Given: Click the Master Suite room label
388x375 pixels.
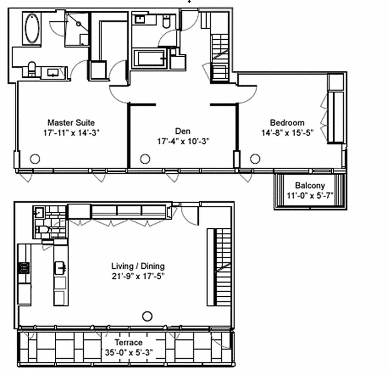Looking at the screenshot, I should coord(71,123).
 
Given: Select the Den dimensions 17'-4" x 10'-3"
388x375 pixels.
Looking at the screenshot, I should coord(183,140).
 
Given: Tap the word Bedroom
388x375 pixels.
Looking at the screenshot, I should coord(289,123).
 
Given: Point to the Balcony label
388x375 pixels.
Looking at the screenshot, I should coord(310,186).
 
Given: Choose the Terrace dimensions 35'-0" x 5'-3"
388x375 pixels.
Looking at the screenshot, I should coord(129,351).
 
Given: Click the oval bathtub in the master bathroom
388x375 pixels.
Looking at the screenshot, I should coord(32,29).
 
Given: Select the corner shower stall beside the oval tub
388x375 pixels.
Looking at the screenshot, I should coord(76,29).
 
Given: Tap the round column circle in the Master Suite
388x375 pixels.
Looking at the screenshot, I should coord(35,159).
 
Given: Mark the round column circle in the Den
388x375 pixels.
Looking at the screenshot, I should coord(145,159).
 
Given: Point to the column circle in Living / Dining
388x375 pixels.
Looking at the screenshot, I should coord(148,316).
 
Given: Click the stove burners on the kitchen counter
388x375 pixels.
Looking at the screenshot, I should coord(23,268).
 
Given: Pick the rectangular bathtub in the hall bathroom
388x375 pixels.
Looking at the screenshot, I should coord(150,59).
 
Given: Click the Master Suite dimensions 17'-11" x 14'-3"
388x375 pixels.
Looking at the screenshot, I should coord(71,133).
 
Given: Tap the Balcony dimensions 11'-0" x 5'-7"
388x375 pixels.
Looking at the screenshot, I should coord(310,195).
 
